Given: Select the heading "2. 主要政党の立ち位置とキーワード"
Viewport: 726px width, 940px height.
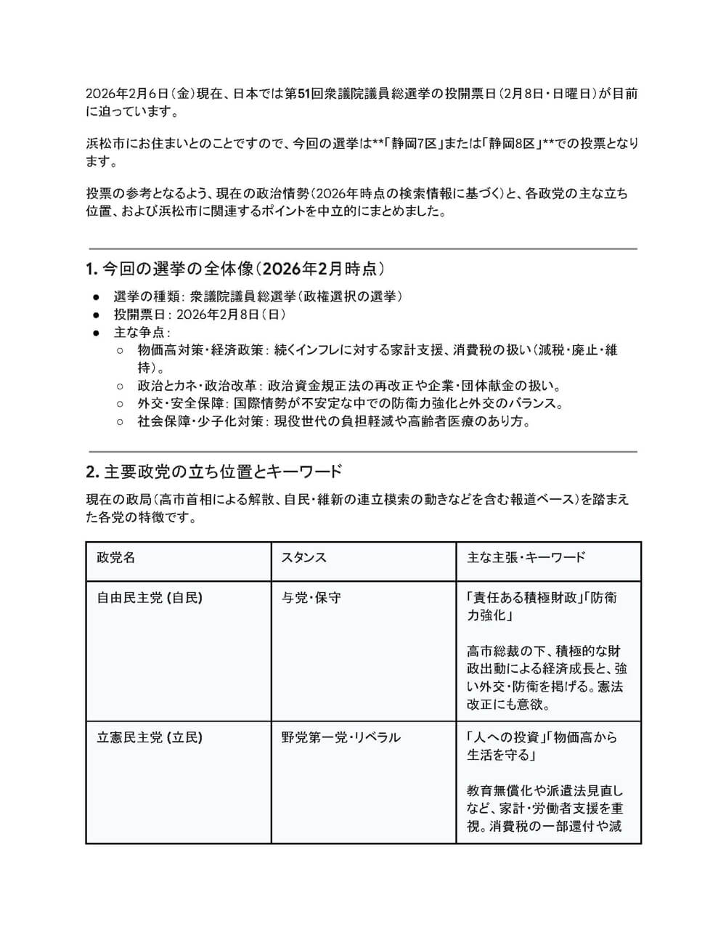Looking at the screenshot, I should pos(213,472).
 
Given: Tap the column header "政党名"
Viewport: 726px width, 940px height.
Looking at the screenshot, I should pos(116,558).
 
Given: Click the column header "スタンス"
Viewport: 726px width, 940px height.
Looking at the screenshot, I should pos(304,558).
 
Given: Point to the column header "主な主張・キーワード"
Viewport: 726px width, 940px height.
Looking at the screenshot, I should pos(526,558).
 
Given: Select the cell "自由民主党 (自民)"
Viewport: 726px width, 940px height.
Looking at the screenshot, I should pos(150,598).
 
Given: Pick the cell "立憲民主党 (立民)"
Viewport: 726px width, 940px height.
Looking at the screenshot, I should pos(150,737).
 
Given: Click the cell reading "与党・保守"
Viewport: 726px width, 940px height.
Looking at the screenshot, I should pos(311,598).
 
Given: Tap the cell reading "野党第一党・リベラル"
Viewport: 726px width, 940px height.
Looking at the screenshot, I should pos(341,737).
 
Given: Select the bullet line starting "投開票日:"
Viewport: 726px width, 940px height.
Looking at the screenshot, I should pos(200,315).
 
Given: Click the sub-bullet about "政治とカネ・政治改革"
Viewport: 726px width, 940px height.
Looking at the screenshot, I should pos(348,386).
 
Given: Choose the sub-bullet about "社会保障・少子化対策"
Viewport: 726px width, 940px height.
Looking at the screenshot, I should pos(334,421).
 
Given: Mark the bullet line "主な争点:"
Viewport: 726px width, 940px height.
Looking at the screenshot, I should pos(142,332).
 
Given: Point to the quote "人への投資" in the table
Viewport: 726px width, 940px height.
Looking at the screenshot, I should pos(507,737).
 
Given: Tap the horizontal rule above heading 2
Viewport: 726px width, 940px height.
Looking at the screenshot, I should pos(363,452).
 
